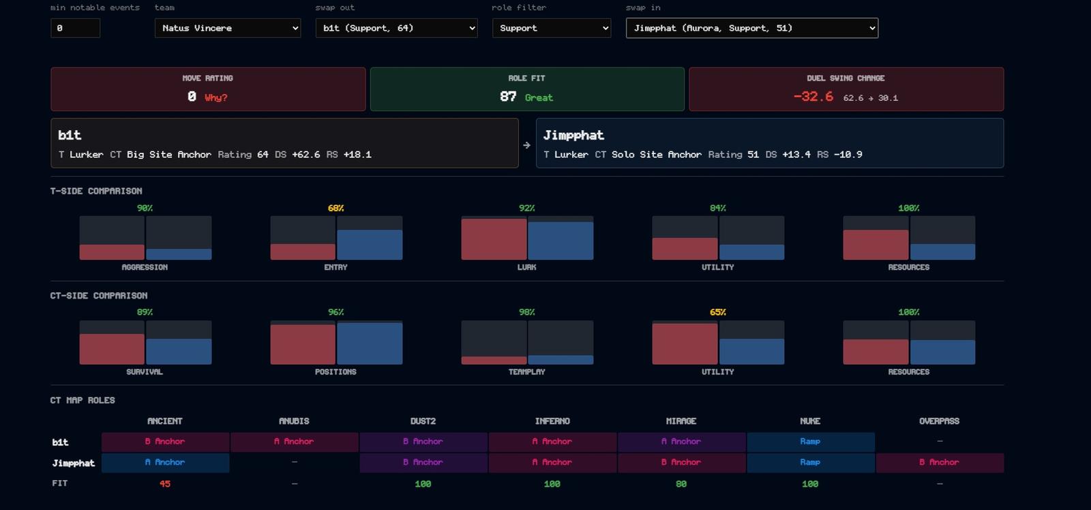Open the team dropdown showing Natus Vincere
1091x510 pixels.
pyautogui.click(x=228, y=28)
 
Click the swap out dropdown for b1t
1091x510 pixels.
pyautogui.click(x=396, y=28)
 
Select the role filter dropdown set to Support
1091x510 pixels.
pyautogui.click(x=552, y=28)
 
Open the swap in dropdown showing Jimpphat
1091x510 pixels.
pyautogui.click(x=752, y=28)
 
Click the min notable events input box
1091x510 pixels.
pyautogui.click(x=75, y=28)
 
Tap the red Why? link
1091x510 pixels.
pyautogui.click(x=215, y=97)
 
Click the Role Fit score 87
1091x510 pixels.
pyautogui.click(x=507, y=96)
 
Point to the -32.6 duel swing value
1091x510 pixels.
pyautogui.click(x=813, y=96)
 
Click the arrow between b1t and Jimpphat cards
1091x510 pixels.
pyautogui.click(x=526, y=145)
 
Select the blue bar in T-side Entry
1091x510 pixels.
pyautogui.click(x=370, y=245)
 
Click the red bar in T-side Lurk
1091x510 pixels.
pyautogui.click(x=494, y=239)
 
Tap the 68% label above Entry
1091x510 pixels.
pyautogui.click(x=335, y=208)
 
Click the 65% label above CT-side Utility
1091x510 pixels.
pyautogui.click(x=717, y=312)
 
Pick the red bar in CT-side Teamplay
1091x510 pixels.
pyautogui.click(x=494, y=361)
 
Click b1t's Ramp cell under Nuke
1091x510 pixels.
pyautogui.click(x=811, y=442)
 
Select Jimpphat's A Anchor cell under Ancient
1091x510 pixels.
pyautogui.click(x=165, y=462)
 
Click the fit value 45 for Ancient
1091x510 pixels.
pyautogui.click(x=164, y=483)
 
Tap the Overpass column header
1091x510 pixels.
pyautogui.click(x=939, y=421)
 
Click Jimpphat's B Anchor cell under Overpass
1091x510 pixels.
pyautogui.click(x=940, y=462)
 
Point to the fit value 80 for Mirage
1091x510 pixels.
pyautogui.click(x=681, y=483)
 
